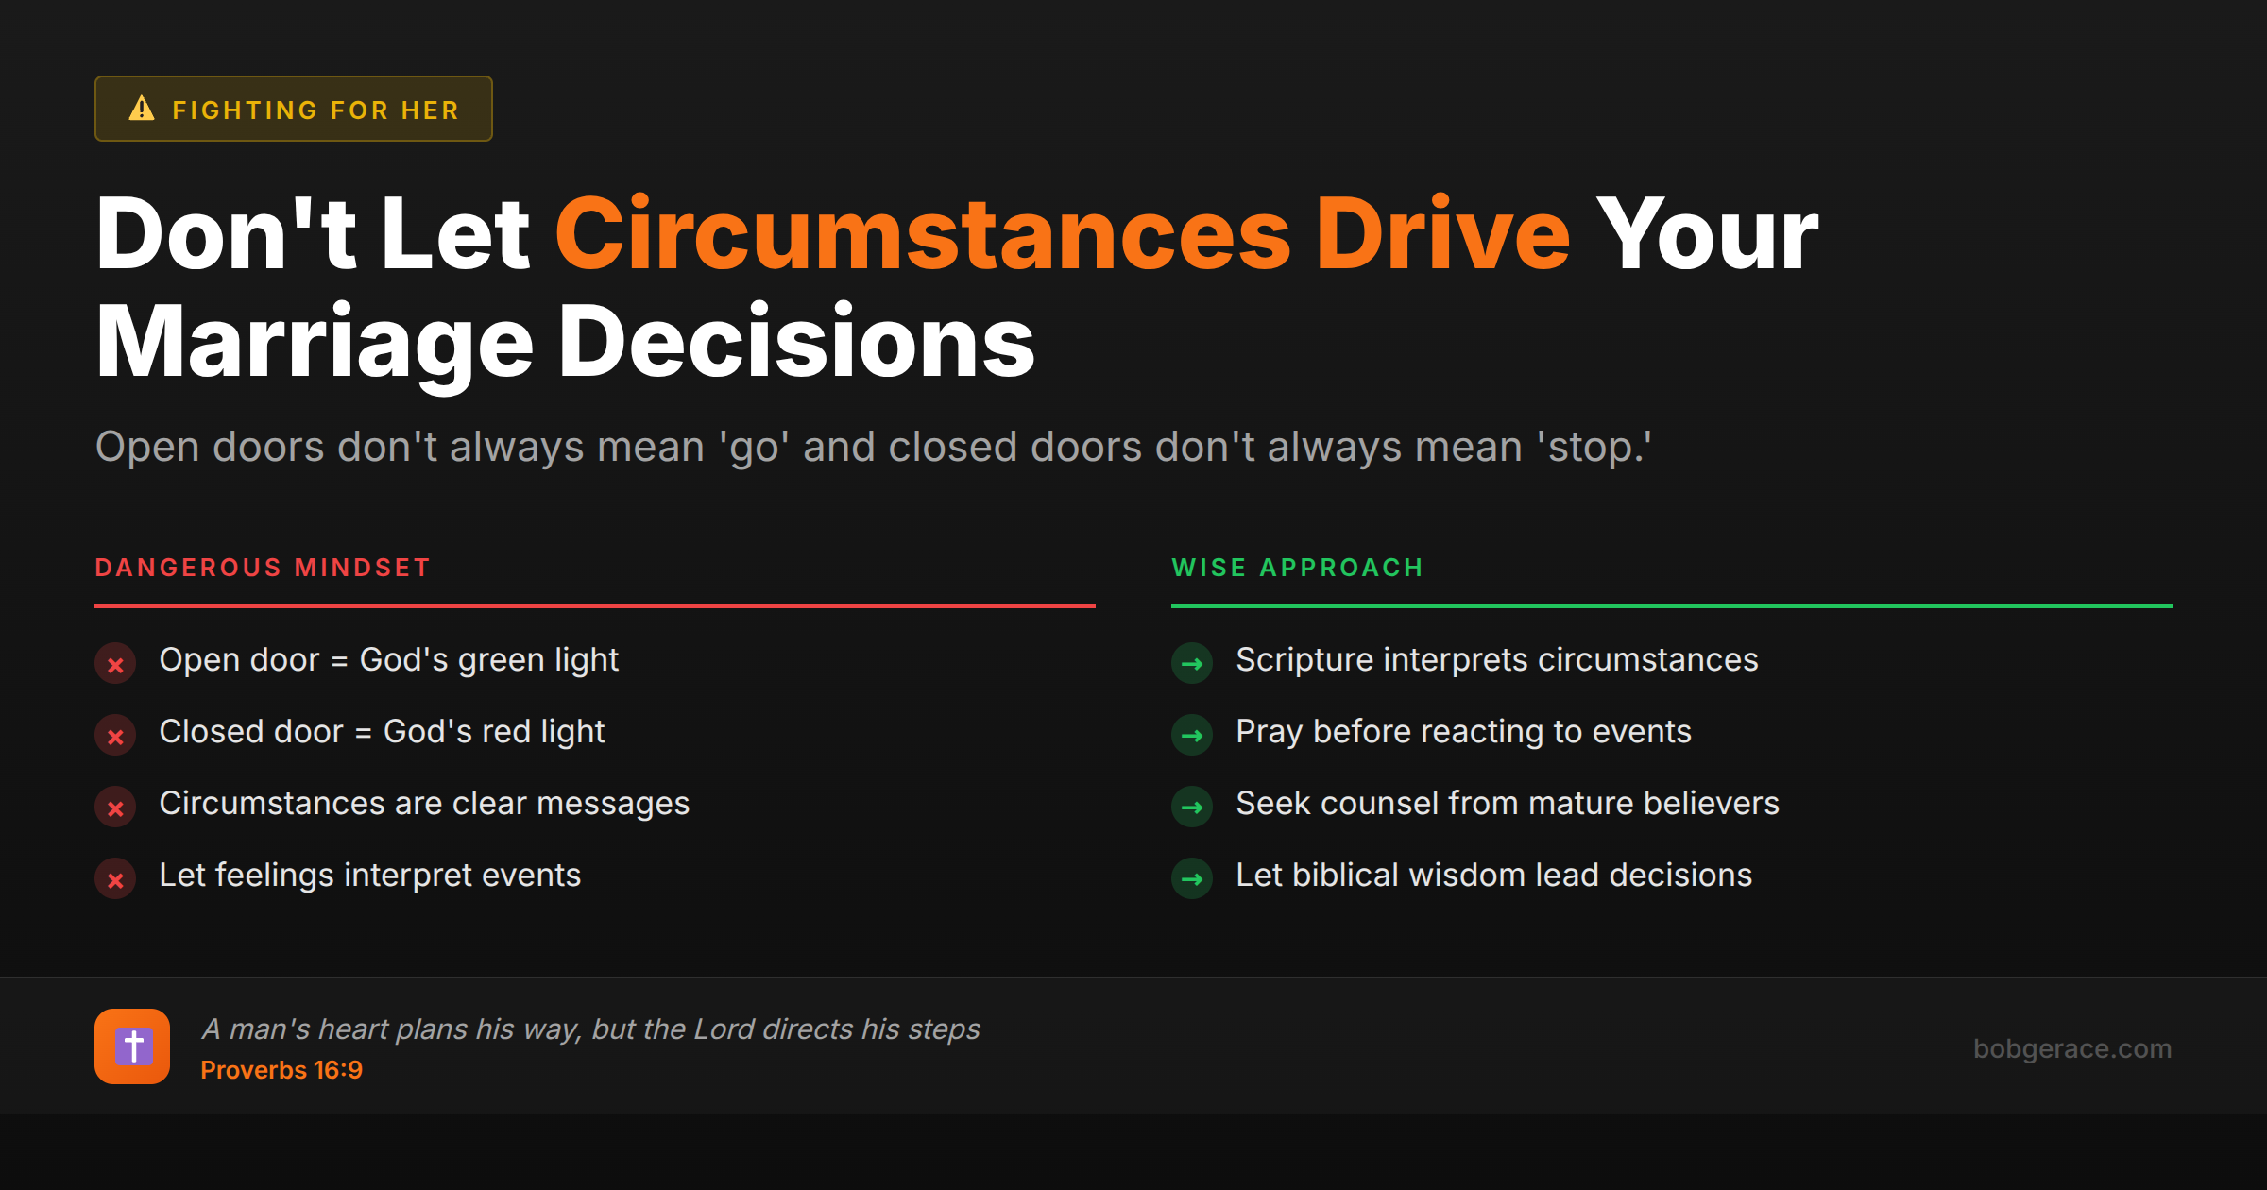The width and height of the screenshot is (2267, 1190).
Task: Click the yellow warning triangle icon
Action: pyautogui.click(x=142, y=109)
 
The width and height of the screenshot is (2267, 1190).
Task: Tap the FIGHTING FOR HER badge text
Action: pyautogui.click(x=315, y=110)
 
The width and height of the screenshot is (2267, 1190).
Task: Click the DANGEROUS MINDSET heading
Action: pyautogui.click(x=263, y=568)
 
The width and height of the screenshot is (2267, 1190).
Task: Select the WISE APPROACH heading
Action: pyautogui.click(x=1297, y=568)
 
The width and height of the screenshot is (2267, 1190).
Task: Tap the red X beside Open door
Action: pyautogui.click(x=115, y=664)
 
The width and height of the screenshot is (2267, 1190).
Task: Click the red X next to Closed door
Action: pyautogui.click(x=115, y=736)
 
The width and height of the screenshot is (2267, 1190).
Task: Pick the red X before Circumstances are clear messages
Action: pyautogui.click(x=115, y=807)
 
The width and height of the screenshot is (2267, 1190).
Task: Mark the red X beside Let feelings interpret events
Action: pyautogui.click(x=115, y=879)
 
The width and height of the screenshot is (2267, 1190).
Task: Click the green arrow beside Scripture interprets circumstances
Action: pyautogui.click(x=1192, y=664)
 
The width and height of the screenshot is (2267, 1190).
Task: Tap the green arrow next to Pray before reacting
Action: pyautogui.click(x=1192, y=736)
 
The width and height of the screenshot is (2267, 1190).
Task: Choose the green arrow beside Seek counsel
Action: pyautogui.click(x=1192, y=807)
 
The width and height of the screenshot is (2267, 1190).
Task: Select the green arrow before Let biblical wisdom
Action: pyautogui.click(x=1192, y=879)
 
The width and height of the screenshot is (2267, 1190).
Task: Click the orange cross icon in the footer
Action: pyautogui.click(x=132, y=1046)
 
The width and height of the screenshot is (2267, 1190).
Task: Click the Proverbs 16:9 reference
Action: pyautogui.click(x=281, y=1070)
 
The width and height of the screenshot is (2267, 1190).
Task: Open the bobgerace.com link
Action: pyautogui.click(x=2072, y=1048)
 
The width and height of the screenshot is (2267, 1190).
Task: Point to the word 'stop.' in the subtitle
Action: pyautogui.click(x=1595, y=448)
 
